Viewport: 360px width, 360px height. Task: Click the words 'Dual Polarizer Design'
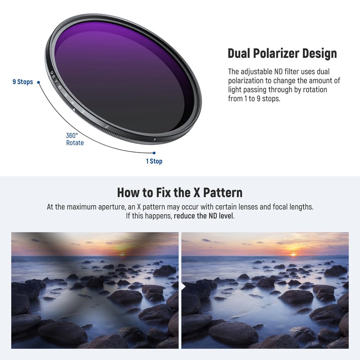click(x=282, y=53)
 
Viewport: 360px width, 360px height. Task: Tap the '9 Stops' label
click(x=22, y=82)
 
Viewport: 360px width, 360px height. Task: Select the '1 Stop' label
click(x=154, y=161)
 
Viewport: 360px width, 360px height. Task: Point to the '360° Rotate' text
click(x=75, y=139)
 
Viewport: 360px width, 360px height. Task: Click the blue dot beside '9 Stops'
click(x=38, y=82)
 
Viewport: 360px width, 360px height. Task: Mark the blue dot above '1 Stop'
click(x=153, y=153)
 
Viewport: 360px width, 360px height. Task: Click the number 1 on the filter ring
click(x=154, y=140)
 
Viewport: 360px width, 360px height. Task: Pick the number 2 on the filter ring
click(x=107, y=127)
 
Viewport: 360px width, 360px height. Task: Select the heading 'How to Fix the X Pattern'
click(x=180, y=193)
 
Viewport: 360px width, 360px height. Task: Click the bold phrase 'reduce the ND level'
click(x=203, y=216)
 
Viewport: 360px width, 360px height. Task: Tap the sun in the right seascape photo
click(x=293, y=254)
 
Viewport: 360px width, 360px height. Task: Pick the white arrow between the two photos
click(x=184, y=285)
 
